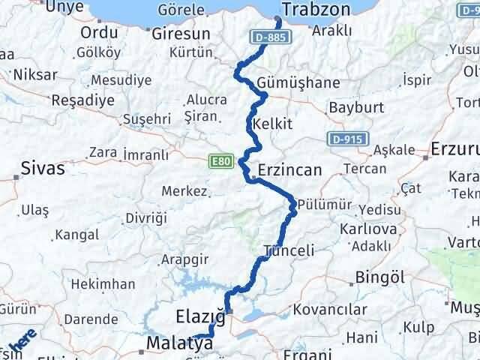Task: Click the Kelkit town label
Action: point(273,124)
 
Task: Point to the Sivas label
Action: point(43,169)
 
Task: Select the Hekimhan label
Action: point(103,284)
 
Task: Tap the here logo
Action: point(22,344)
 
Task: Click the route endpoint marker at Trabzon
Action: point(277,20)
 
